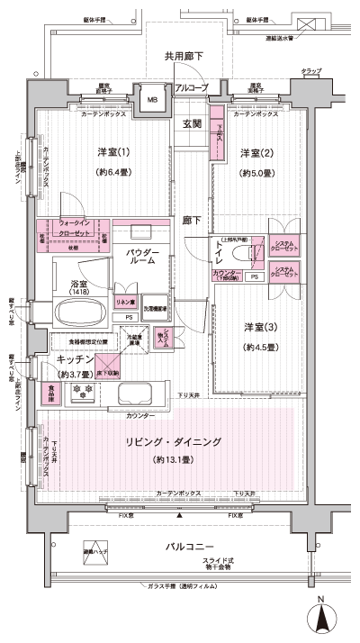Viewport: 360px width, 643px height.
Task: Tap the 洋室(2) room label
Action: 256,152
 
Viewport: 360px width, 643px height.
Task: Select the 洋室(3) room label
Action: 256,325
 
